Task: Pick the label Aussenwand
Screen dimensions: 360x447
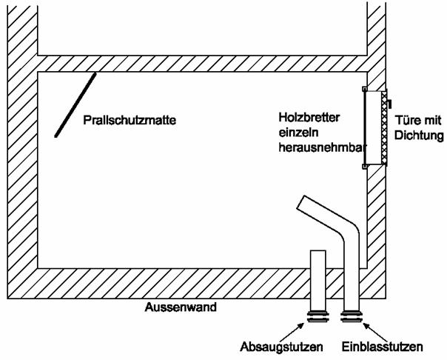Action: (x=181, y=307)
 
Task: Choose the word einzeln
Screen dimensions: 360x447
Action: (x=297, y=133)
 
